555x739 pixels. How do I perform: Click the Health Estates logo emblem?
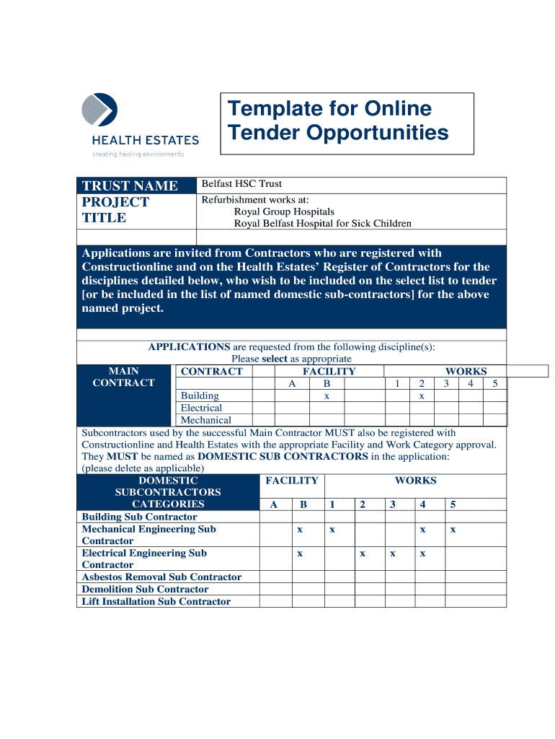pos(99,111)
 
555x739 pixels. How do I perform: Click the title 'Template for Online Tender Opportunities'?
pos(338,121)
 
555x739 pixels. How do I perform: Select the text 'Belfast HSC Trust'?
pos(241,184)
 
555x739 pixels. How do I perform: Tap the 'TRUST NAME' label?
pos(130,186)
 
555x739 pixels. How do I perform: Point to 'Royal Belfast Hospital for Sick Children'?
pos(322,224)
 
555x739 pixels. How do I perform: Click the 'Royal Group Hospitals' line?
pos(284,212)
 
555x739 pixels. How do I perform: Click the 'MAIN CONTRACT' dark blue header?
pos(123,377)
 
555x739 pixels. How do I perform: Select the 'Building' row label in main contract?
pos(200,395)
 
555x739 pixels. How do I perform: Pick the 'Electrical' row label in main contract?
pos(201,408)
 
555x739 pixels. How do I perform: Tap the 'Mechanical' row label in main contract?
pos(205,420)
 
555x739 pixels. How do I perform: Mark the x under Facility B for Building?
pos(327,396)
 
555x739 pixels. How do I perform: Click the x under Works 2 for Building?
pos(422,396)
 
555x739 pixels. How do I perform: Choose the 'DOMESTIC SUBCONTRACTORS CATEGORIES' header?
pos(168,492)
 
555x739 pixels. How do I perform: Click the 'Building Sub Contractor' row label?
pos(139,517)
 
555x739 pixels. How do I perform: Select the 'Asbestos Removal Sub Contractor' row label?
pos(161,577)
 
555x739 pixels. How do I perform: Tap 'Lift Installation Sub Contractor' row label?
pos(156,602)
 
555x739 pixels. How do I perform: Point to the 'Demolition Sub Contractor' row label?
pos(145,590)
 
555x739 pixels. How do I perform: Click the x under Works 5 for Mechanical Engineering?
pos(453,530)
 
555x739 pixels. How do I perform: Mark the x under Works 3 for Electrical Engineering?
pos(392,554)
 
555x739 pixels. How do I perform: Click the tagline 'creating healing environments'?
pos(138,154)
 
